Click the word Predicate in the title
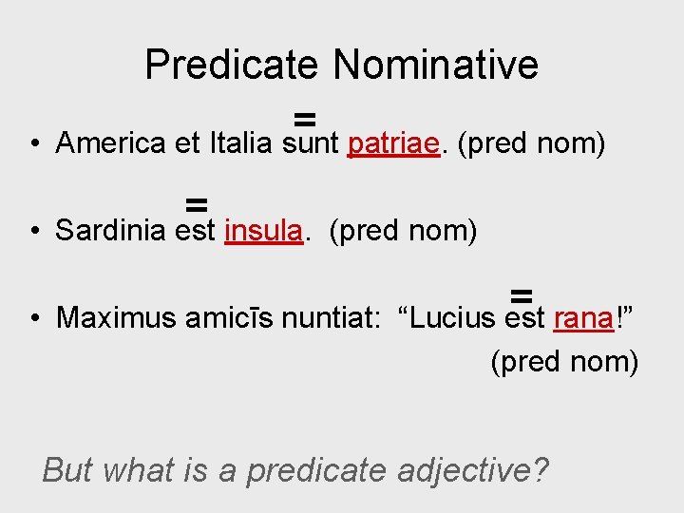(232, 65)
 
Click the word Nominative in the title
(435, 65)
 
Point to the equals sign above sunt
(304, 118)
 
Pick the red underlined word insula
(264, 230)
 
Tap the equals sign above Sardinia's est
(197, 203)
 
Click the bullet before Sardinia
(33, 232)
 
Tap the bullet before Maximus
(33, 318)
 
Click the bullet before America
(33, 145)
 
